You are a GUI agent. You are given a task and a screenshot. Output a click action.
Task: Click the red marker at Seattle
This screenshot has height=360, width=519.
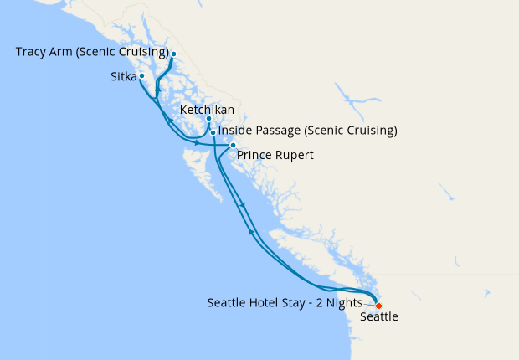tap(378, 306)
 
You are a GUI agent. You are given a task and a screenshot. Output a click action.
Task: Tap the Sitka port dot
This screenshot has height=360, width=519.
tap(141, 76)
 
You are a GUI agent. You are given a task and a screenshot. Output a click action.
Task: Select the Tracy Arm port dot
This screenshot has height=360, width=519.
tap(173, 54)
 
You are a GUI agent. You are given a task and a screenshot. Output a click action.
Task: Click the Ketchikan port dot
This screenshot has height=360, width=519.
tap(208, 119)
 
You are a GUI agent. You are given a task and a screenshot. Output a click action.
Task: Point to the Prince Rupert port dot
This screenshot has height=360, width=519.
tap(233, 146)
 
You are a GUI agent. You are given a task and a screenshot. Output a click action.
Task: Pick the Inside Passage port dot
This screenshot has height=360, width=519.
tap(213, 132)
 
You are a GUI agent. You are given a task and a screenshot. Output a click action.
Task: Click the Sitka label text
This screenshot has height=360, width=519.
tap(123, 76)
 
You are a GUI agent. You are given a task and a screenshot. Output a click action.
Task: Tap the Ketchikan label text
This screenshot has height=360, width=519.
tap(207, 110)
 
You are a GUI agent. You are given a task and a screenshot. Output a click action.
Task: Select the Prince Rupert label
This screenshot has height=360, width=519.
tap(275, 155)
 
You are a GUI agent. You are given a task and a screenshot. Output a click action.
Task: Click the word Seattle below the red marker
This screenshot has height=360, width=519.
tap(378, 317)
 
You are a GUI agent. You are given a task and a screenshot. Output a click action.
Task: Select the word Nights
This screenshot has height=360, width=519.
tap(343, 302)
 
